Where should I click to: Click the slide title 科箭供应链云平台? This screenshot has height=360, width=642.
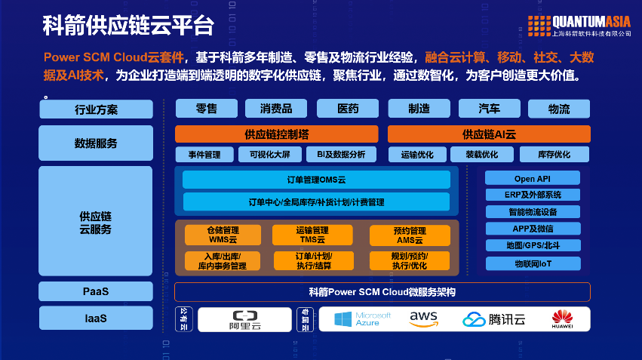click(x=128, y=25)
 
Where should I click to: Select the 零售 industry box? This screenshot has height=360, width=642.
click(x=206, y=109)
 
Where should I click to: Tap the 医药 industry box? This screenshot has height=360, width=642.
click(x=348, y=109)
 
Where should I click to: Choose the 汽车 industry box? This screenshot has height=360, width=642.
click(x=489, y=109)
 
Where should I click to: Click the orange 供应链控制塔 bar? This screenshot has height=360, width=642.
click(x=276, y=134)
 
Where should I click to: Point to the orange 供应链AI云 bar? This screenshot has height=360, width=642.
click(x=489, y=134)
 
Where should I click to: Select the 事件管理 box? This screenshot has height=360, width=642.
click(x=205, y=155)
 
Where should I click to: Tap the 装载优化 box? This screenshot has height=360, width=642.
click(x=481, y=155)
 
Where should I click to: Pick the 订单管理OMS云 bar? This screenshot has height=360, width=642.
click(x=316, y=180)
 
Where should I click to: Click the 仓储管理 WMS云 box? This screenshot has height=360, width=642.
click(x=223, y=235)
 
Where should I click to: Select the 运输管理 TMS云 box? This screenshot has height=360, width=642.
click(x=312, y=235)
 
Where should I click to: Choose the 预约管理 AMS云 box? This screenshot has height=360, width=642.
click(x=409, y=235)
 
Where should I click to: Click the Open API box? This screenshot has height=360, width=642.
click(x=533, y=179)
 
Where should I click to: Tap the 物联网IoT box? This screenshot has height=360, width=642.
click(x=533, y=263)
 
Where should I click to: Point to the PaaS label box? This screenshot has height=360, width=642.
click(x=96, y=291)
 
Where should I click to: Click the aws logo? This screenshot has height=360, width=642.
click(x=424, y=319)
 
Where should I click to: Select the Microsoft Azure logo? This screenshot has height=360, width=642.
click(x=363, y=319)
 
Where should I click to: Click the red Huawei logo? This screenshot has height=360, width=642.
click(x=562, y=319)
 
